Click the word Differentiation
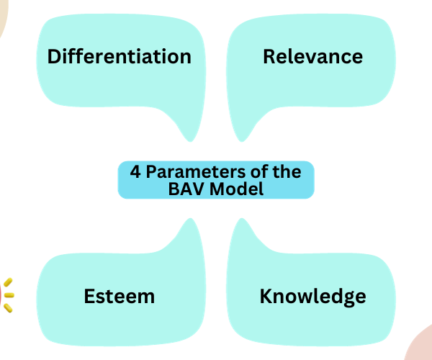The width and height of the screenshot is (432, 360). [x=120, y=57]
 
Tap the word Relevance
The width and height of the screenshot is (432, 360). [x=312, y=57]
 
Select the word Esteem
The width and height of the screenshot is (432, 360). [x=120, y=296]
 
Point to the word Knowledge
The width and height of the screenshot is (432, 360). [x=312, y=296]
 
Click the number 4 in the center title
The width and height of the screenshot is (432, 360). [x=135, y=172]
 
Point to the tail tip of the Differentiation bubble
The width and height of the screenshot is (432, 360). [x=189, y=138]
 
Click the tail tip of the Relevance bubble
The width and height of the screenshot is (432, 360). [x=242, y=138]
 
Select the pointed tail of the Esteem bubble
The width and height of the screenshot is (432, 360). [x=190, y=221]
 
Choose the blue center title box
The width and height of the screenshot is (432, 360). [x=216, y=180]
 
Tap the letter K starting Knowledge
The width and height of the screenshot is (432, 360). [x=266, y=296]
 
